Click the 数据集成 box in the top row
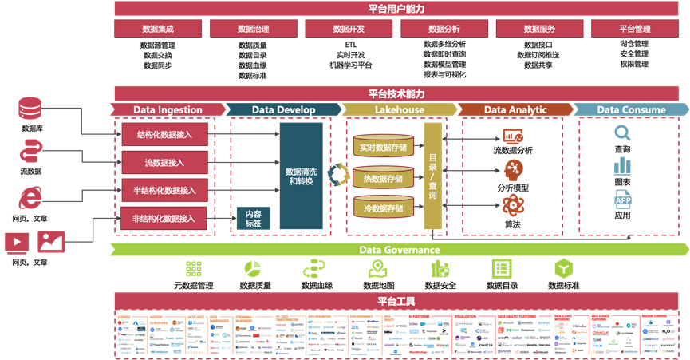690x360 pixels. coord(158,30)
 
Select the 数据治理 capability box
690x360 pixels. coord(253,30)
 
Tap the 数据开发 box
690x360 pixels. coord(349,30)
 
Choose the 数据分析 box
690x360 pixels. coord(444,30)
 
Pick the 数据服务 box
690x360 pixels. coord(539,30)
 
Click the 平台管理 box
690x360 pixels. coord(635,30)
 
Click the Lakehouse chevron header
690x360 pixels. coord(400,109)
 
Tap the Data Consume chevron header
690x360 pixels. coord(631,109)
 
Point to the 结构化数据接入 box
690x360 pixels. coord(165,135)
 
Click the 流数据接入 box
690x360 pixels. coord(165,163)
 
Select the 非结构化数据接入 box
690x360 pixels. coord(165,218)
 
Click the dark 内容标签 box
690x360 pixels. coord(253,219)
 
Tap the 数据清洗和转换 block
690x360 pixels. coord(301,176)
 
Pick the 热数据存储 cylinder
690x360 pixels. coord(383,178)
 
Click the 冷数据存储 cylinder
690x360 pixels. coord(383,208)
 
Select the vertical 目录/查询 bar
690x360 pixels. coord(432,176)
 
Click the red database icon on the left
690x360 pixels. coord(30,109)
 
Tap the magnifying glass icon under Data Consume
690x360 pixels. coord(623,133)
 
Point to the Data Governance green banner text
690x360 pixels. coord(400,250)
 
